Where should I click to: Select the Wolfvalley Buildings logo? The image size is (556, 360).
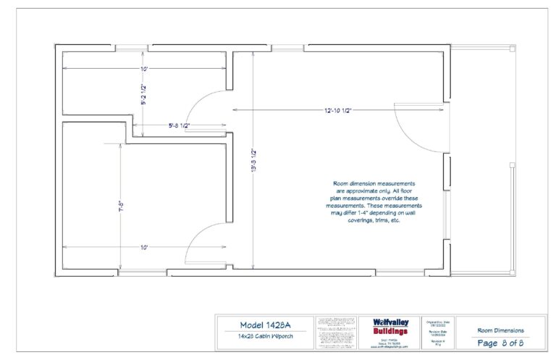(390, 327)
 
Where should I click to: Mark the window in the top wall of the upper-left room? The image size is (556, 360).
(131, 47)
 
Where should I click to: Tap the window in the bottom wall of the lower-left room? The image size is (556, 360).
(141, 273)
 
